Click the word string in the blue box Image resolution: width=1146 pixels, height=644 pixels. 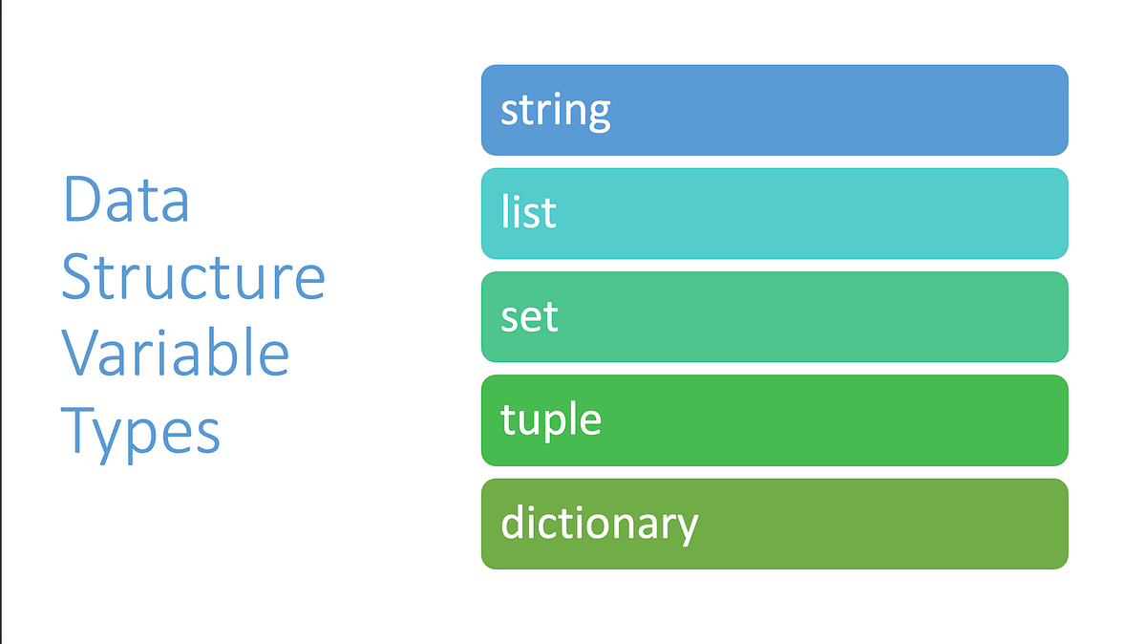click(555, 110)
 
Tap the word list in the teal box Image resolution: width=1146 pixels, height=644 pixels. click(528, 212)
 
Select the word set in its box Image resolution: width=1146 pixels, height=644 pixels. click(529, 316)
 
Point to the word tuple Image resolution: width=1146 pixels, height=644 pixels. click(551, 420)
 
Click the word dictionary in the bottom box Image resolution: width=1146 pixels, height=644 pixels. click(599, 524)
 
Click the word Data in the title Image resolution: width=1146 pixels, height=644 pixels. click(126, 201)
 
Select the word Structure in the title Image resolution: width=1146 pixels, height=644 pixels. click(194, 277)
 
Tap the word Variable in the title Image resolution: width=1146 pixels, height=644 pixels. click(176, 354)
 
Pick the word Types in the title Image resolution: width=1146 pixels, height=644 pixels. click(142, 431)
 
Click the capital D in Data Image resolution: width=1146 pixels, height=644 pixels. click(81, 201)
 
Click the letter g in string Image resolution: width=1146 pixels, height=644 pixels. click(599, 115)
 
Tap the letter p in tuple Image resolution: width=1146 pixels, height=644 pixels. click(557, 424)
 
